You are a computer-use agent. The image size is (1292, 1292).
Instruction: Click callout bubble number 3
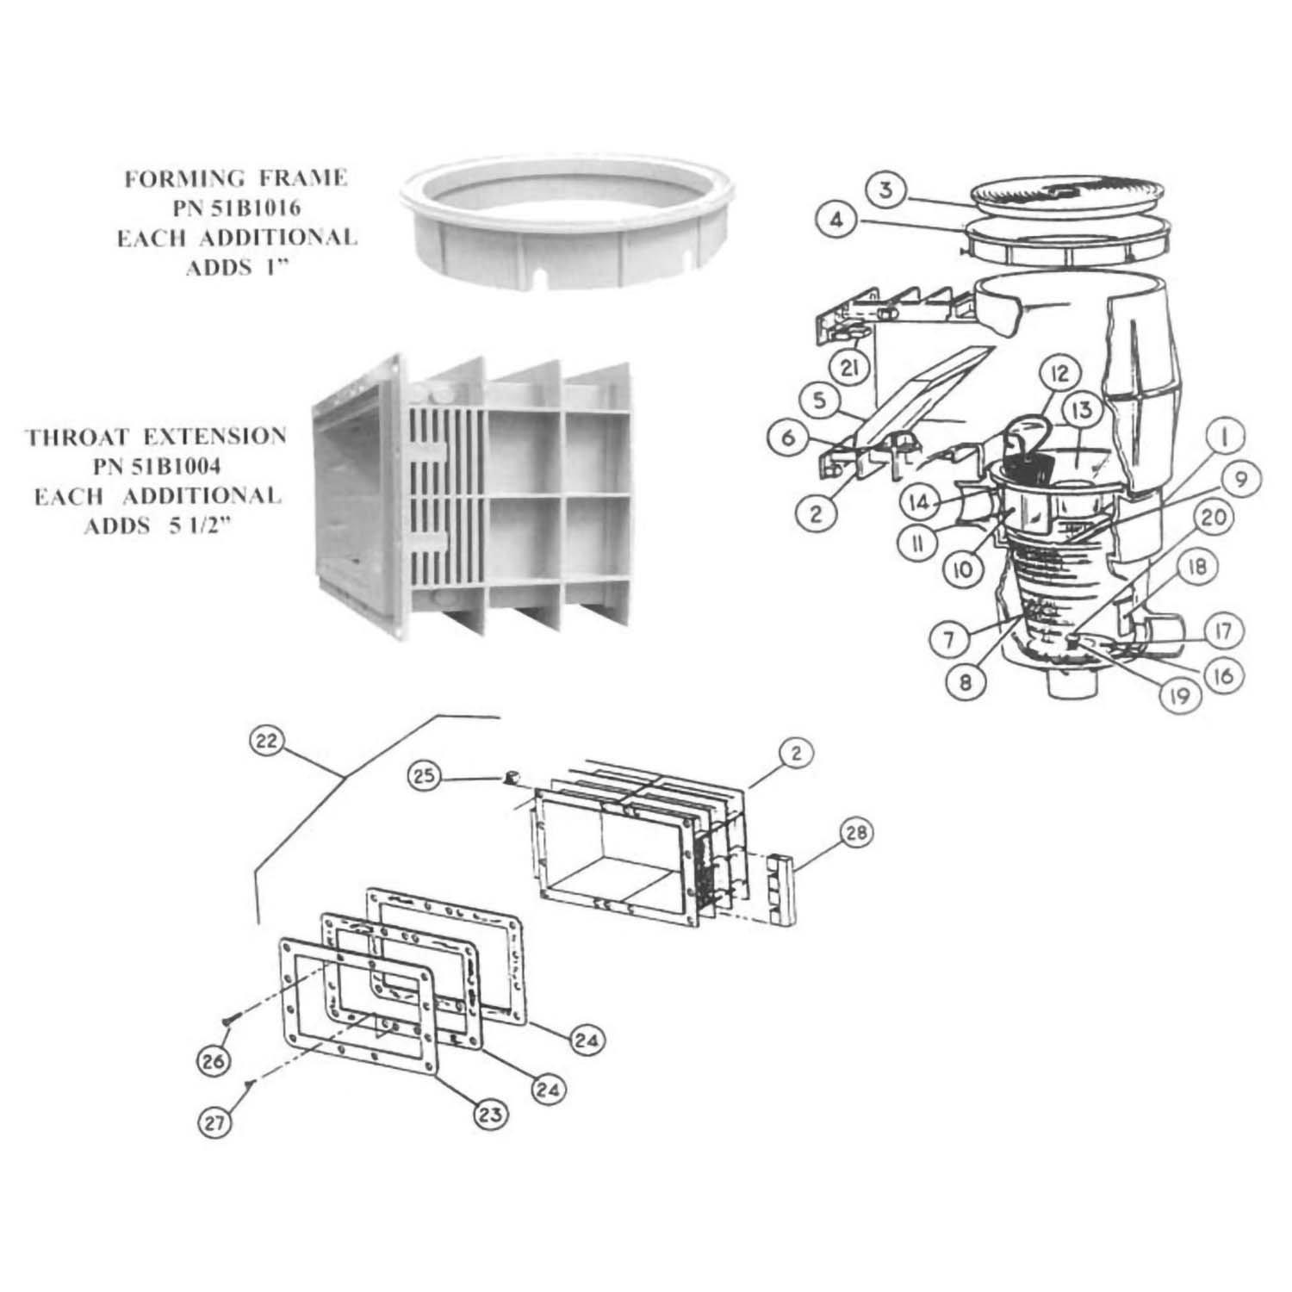click(885, 189)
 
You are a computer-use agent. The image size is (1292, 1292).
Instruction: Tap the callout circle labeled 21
click(849, 369)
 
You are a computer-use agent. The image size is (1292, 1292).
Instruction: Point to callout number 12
click(1059, 373)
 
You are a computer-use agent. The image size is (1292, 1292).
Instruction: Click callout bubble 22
click(268, 741)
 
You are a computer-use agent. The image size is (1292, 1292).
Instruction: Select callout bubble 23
click(490, 1114)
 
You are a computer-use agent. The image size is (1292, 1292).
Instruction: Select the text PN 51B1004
click(157, 466)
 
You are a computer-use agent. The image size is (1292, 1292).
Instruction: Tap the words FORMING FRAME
click(236, 178)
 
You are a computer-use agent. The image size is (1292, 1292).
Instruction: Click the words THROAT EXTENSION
click(157, 436)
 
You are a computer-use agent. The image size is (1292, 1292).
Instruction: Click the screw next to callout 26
click(228, 1020)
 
